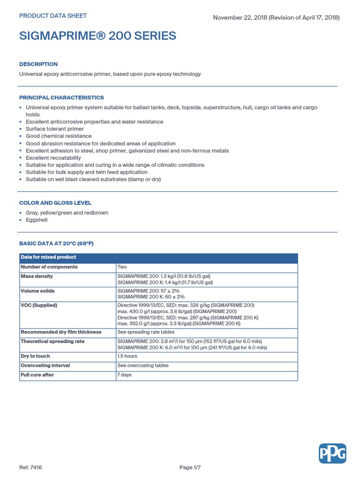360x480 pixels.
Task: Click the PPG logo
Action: click(x=332, y=453)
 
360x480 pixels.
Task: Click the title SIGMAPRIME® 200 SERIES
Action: click(x=97, y=36)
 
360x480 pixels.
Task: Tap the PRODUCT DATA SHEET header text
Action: click(x=52, y=15)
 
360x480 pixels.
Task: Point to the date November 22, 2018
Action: click(x=240, y=17)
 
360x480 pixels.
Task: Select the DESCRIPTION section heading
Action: click(x=38, y=64)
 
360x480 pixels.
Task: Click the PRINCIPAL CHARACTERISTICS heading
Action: click(x=61, y=97)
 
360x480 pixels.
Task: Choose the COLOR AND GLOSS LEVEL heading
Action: click(x=55, y=203)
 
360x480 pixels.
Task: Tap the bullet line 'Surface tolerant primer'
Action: click(x=55, y=129)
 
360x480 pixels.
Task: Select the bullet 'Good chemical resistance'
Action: click(x=59, y=136)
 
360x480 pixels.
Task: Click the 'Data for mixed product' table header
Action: click(x=48, y=257)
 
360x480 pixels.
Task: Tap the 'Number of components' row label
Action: click(x=49, y=267)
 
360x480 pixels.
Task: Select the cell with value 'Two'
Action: click(x=122, y=267)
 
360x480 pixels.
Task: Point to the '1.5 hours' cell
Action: click(x=127, y=356)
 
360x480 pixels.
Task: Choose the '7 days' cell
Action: click(x=124, y=375)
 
